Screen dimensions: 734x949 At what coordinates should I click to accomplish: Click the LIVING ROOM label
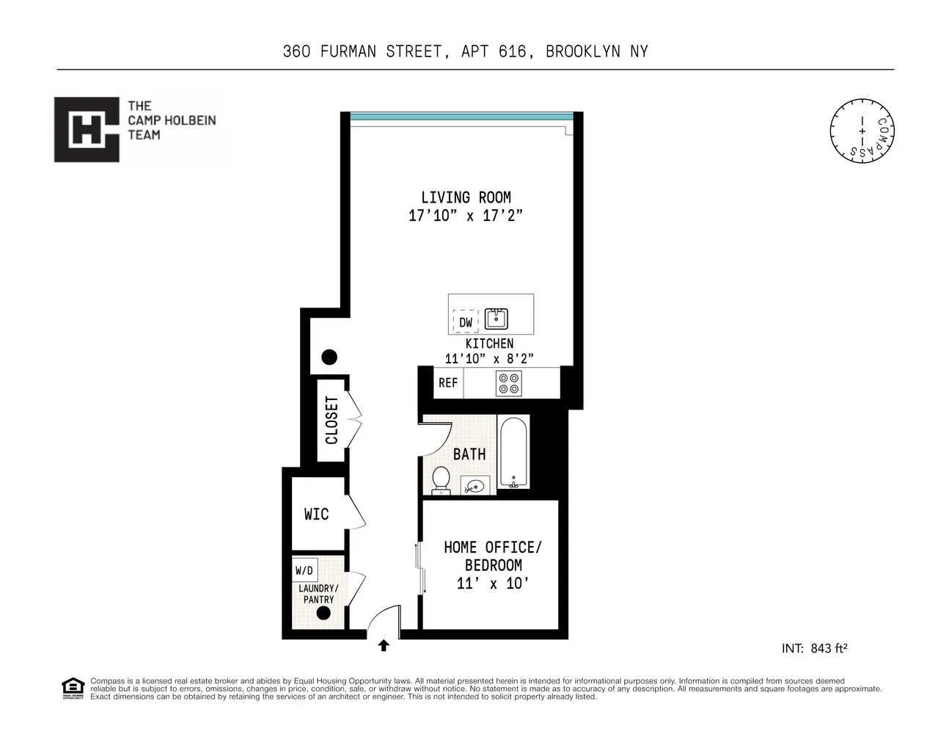tap(466, 197)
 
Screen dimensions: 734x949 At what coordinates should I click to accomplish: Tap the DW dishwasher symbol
tap(466, 322)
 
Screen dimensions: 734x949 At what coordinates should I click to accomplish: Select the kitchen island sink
tap(497, 319)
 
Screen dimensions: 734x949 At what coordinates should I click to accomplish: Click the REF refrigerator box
tap(448, 383)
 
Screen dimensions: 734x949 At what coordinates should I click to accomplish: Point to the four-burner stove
tap(509, 383)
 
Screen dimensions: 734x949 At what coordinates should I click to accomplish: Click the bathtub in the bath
tap(513, 453)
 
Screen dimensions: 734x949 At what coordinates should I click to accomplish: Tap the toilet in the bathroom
tap(441, 479)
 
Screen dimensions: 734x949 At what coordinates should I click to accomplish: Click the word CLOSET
tap(331, 421)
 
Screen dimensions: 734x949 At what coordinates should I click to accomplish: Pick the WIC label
tap(317, 515)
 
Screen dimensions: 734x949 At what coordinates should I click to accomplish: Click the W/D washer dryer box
tap(304, 570)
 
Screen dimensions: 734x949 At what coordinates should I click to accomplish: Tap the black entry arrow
tap(384, 646)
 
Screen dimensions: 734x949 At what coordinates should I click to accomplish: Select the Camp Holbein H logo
tap(87, 130)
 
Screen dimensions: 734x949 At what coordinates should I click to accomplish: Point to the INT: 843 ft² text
tap(815, 648)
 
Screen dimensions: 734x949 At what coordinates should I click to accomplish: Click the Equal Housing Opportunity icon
tap(73, 688)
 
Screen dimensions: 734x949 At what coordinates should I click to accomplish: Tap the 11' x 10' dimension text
tap(492, 584)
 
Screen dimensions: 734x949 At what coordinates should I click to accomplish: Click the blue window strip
tap(461, 116)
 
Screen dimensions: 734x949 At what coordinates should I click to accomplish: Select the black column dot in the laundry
tap(323, 613)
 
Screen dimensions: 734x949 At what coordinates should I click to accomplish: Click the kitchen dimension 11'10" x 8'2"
tap(489, 359)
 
